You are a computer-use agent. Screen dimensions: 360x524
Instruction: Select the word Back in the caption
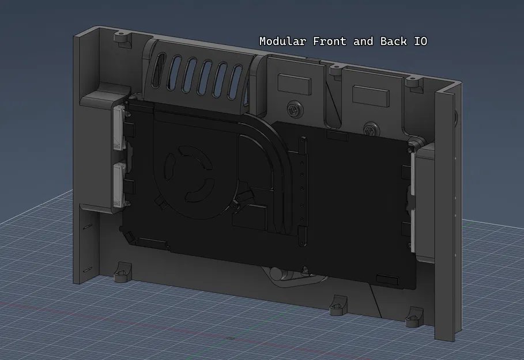tap(393, 41)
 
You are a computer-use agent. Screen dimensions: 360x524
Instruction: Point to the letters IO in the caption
tap(420, 41)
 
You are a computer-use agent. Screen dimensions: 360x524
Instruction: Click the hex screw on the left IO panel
tap(295, 107)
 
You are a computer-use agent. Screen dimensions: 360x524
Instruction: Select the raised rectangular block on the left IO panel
tap(294, 84)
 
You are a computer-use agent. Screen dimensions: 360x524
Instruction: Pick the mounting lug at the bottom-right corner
tap(414, 318)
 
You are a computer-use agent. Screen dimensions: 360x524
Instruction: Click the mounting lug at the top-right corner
tap(412, 81)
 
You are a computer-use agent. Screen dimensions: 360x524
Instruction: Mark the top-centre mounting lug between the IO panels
tap(334, 69)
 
